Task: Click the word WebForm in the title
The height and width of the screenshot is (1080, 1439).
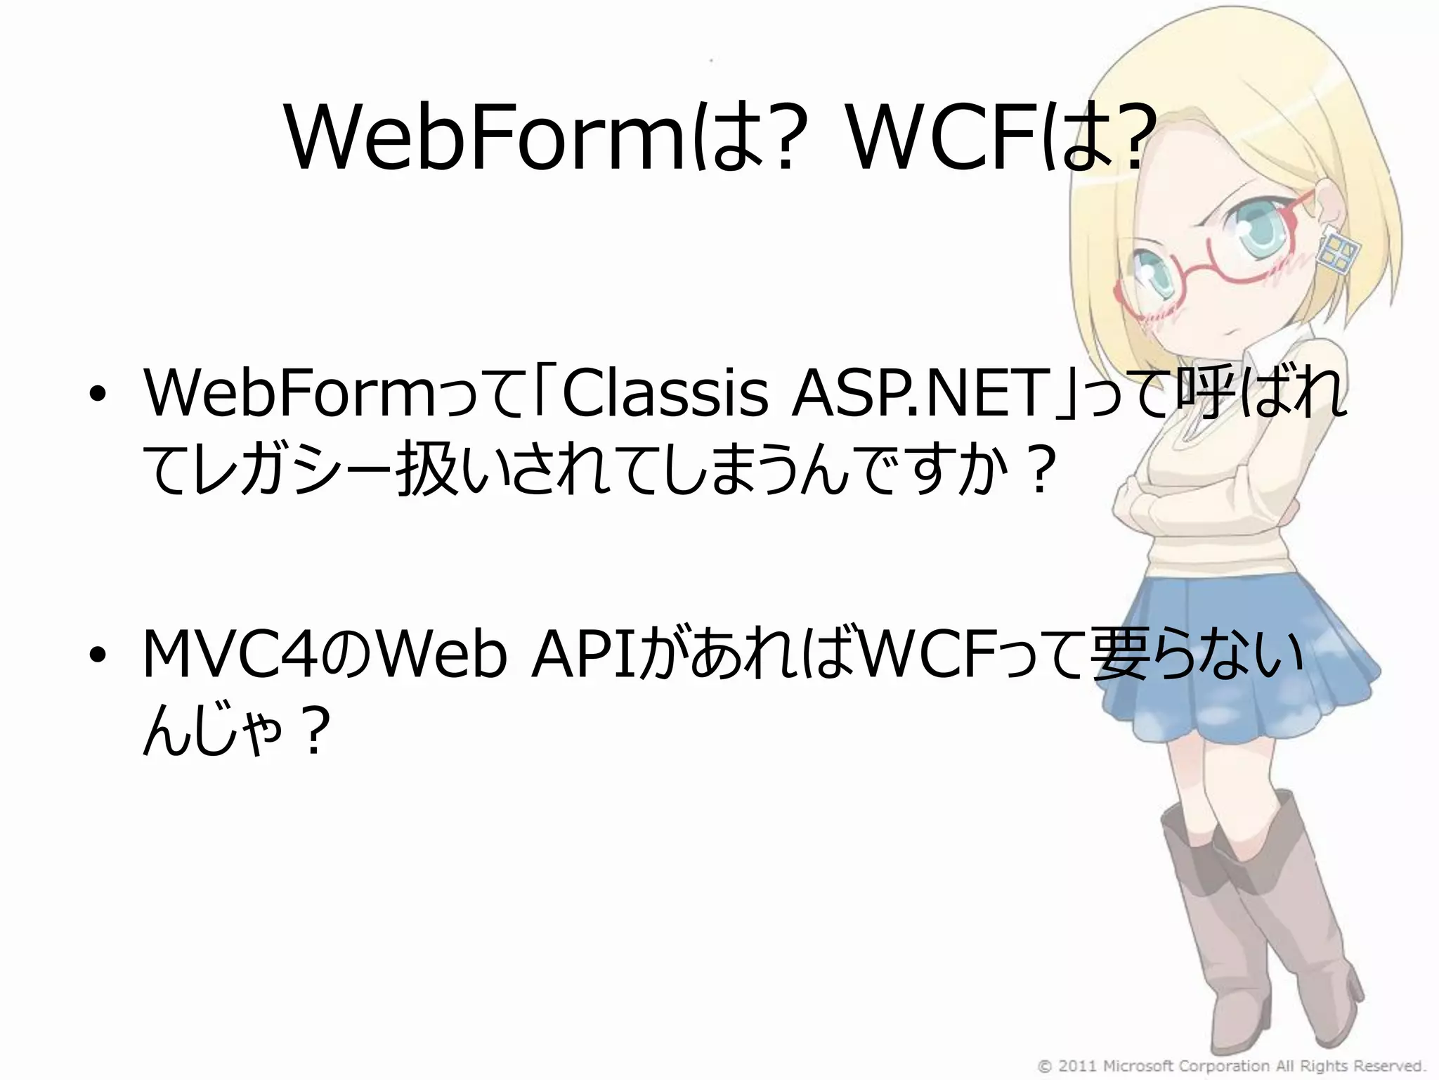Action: pyautogui.click(x=485, y=139)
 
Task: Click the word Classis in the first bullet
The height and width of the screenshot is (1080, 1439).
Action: pyautogui.click(x=664, y=394)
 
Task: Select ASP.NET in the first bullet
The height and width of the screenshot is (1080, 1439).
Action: pyautogui.click(x=917, y=394)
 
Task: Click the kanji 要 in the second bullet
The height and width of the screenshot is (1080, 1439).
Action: pyautogui.click(x=1124, y=655)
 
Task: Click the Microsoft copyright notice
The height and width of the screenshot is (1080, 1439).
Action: pyautogui.click(x=1230, y=1066)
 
